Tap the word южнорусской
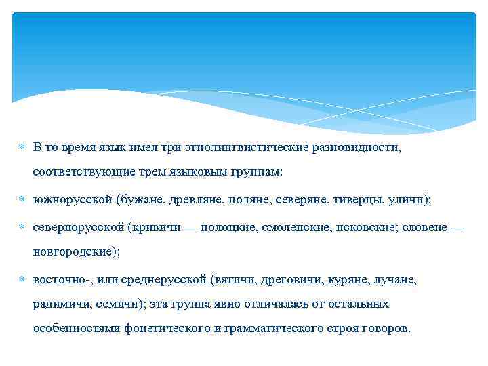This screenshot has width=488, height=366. (x=71, y=200)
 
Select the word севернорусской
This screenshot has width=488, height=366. (x=79, y=226)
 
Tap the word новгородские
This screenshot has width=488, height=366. (x=75, y=251)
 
